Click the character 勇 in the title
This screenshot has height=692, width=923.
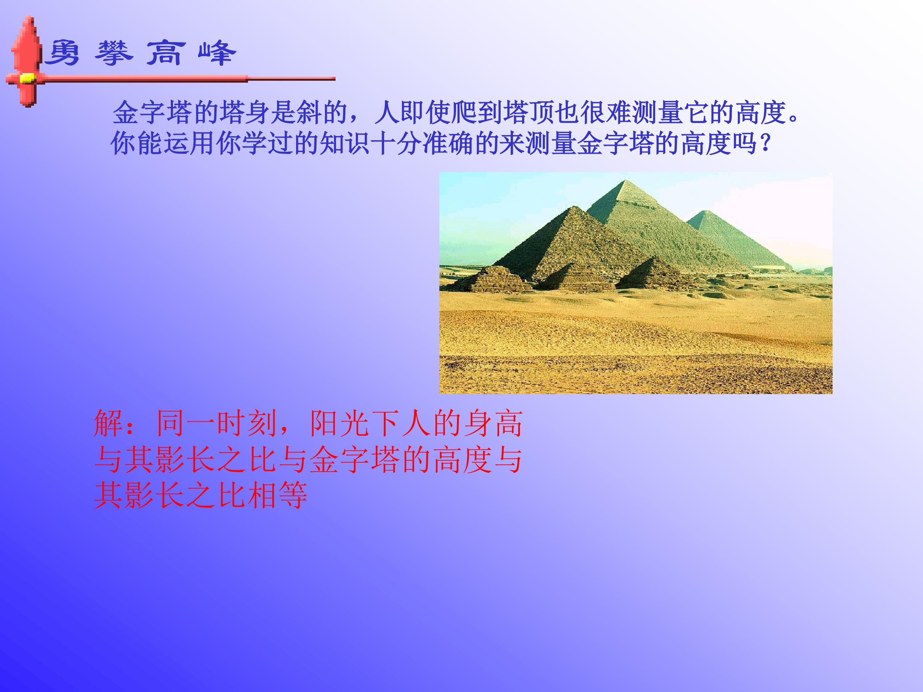pos(62,53)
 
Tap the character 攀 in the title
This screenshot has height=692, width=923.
pos(113,53)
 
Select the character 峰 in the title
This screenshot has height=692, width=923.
pos(217,53)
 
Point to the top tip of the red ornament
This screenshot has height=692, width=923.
pos(29,18)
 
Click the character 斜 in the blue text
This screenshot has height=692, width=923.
pos(309,113)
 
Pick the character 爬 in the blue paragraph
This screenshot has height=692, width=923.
pos(465,113)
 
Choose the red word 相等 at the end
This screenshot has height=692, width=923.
pos(277,496)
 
